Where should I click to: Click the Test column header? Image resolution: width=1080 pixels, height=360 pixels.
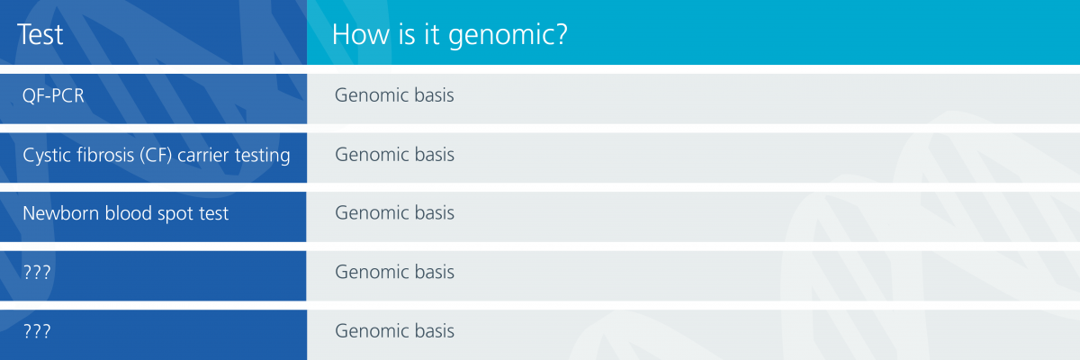(40, 35)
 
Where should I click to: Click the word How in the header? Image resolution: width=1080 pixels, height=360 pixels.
(360, 35)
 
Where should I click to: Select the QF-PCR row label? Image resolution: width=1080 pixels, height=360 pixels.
(53, 95)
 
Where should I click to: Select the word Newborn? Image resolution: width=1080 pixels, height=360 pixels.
(61, 213)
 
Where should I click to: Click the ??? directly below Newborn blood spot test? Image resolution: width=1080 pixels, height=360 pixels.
(37, 273)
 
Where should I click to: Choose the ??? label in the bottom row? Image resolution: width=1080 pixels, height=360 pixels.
(37, 331)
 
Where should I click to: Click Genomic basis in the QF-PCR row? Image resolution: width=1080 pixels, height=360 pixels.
(394, 94)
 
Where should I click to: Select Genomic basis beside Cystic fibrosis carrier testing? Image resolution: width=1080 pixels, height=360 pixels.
(394, 154)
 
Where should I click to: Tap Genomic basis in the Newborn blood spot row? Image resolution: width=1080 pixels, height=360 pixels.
(394, 212)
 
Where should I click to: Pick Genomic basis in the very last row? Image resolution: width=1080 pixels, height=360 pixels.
(394, 330)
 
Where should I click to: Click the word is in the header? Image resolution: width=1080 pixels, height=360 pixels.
(407, 35)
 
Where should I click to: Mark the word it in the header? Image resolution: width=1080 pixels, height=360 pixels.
(431, 35)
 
